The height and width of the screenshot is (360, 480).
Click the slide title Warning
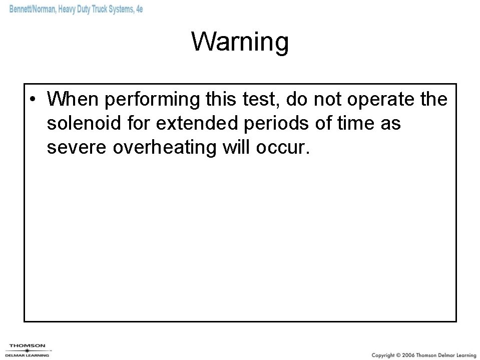tap(240, 42)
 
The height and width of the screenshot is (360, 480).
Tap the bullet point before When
tap(32, 100)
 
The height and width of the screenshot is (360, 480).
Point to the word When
tap(73, 100)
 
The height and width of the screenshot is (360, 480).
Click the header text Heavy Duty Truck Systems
tap(96, 10)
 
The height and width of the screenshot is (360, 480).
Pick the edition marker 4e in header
tap(139, 10)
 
